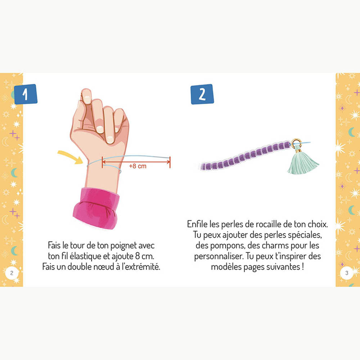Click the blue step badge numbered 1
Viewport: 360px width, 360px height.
click(x=26, y=94)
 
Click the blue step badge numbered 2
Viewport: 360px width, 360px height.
click(x=202, y=94)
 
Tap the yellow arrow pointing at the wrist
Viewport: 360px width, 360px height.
click(x=71, y=157)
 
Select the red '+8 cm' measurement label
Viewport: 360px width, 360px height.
click(x=138, y=166)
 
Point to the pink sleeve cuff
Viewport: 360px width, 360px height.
click(x=96, y=208)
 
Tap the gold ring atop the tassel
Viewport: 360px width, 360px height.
click(x=296, y=143)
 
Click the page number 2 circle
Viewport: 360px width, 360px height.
click(x=12, y=273)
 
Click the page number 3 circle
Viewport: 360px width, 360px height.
click(x=347, y=273)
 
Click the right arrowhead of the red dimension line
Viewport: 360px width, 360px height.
click(x=170, y=162)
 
